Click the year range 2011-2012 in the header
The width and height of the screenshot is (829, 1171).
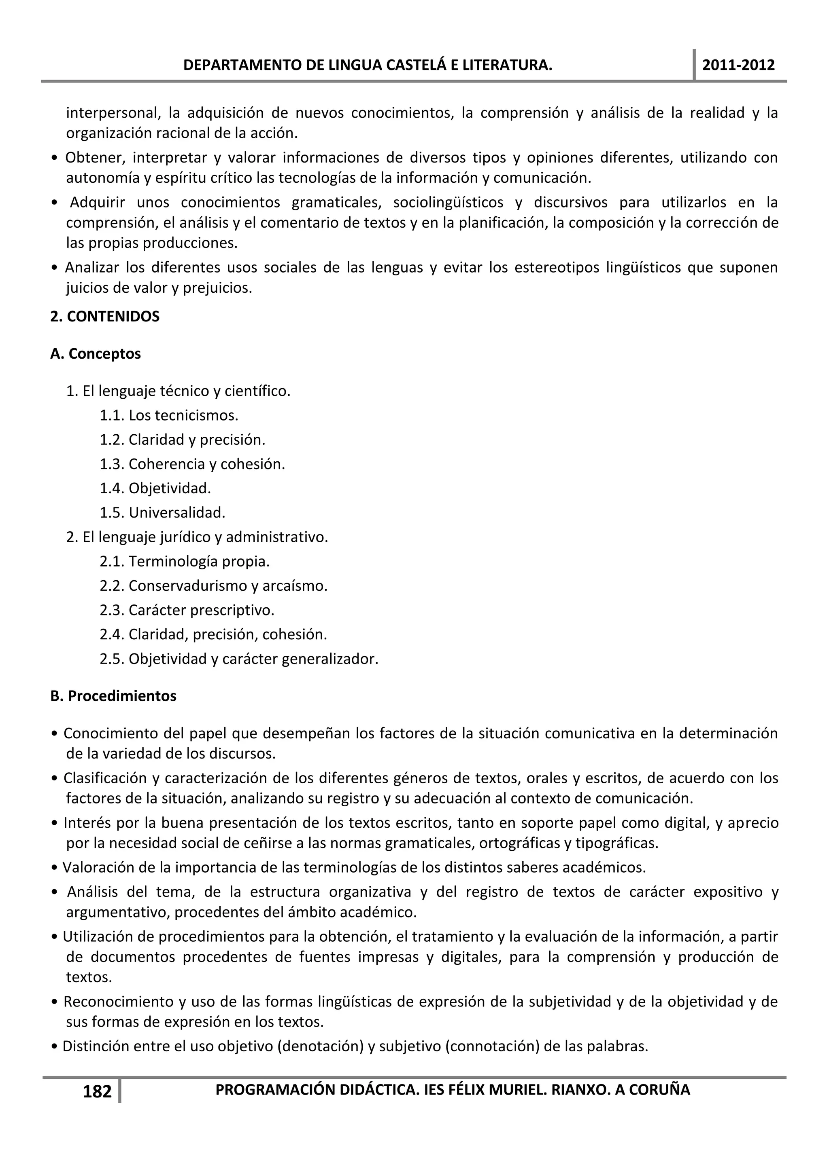point(738,65)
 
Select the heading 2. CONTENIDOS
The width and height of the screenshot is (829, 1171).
point(105,316)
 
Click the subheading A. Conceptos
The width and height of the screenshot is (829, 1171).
point(96,353)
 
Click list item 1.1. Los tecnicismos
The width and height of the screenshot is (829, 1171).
point(169,415)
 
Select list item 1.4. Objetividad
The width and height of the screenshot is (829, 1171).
point(155,488)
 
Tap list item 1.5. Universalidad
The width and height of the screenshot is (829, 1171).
point(162,513)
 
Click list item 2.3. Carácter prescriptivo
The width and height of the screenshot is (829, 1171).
point(187,610)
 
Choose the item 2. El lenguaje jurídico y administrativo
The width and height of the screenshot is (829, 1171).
point(197,537)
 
